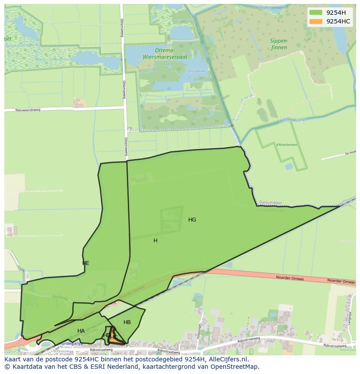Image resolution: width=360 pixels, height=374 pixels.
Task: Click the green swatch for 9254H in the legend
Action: point(316,12)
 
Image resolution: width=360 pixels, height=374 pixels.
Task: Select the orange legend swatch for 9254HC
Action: point(316,21)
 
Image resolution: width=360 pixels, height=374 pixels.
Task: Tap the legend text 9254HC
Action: point(338,21)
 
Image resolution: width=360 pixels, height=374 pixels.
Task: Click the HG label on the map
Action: point(192,220)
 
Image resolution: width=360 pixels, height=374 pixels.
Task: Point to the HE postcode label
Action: point(86,263)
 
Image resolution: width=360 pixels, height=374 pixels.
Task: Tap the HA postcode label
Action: point(81,331)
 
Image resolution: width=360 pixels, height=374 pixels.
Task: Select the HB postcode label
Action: point(127,322)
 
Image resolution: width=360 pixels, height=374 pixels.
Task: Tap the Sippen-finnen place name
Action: point(279,44)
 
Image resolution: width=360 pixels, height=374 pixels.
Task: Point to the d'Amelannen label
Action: point(286,145)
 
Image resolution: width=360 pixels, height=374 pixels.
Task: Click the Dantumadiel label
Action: point(271,202)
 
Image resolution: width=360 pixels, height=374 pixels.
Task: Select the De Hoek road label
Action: point(350,153)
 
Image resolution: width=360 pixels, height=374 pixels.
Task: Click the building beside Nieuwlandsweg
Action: point(79,103)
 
